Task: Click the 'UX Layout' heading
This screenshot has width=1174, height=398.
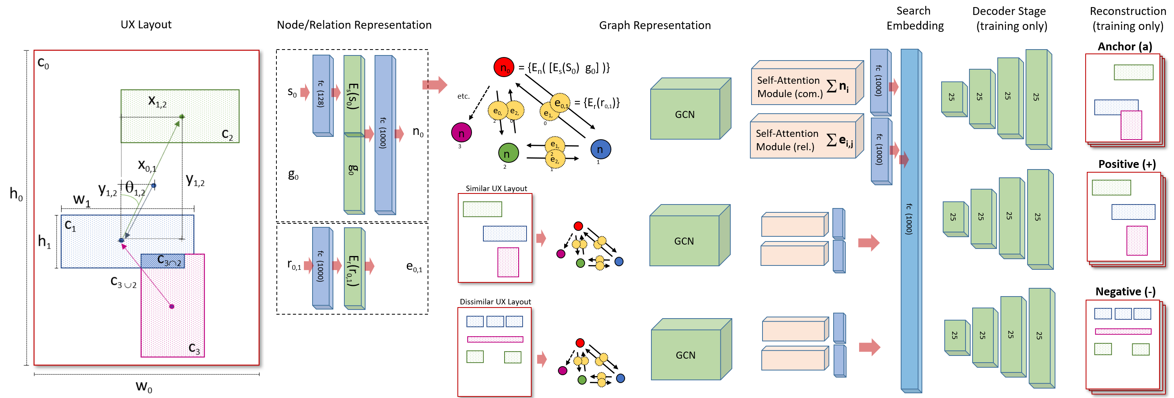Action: tap(146, 25)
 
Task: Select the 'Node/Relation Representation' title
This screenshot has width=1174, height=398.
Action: tap(354, 25)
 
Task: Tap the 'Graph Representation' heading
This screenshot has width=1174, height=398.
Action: tap(655, 26)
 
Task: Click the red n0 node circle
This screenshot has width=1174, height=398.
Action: tap(504, 68)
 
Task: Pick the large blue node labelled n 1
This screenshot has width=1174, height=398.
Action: tap(600, 149)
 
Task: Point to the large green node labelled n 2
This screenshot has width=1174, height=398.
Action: tap(508, 153)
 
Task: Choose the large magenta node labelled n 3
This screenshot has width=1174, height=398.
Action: tap(461, 133)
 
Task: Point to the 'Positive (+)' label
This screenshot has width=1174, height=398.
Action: tap(1126, 164)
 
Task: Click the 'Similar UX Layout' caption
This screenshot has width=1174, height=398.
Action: tap(496, 188)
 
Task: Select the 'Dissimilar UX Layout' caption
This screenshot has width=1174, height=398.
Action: tap(495, 302)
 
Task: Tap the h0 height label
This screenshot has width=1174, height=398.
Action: tap(16, 194)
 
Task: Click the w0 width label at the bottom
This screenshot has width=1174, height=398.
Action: tap(144, 387)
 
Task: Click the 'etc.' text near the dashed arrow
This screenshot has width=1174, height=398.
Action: tap(463, 96)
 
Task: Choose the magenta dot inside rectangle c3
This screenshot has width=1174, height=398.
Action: tap(172, 306)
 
